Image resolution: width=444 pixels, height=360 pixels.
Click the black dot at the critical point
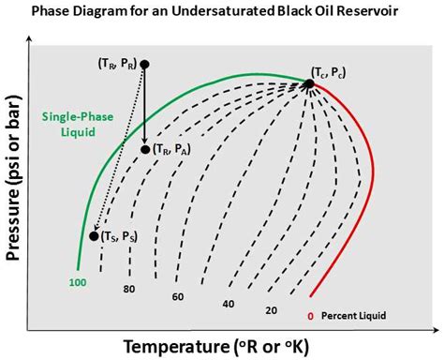pyautogui.click(x=308, y=83)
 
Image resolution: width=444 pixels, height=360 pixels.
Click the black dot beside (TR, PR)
pyautogui.click(x=144, y=64)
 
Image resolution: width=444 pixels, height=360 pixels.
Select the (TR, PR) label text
pyautogui.click(x=117, y=64)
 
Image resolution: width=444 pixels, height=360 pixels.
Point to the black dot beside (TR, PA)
pyautogui.click(x=145, y=149)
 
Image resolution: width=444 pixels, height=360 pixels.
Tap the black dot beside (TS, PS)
pyautogui.click(x=94, y=235)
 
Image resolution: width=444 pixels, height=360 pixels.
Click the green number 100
pyautogui.click(x=79, y=281)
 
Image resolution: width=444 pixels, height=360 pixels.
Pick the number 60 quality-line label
pyautogui.click(x=177, y=295)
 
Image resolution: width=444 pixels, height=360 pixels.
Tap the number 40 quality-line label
pyautogui.click(x=228, y=305)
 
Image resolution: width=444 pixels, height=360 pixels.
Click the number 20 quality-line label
pyautogui.click(x=271, y=310)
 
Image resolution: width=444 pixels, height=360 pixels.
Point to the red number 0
pyautogui.click(x=310, y=316)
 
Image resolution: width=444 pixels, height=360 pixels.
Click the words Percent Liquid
pyautogui.click(x=354, y=316)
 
